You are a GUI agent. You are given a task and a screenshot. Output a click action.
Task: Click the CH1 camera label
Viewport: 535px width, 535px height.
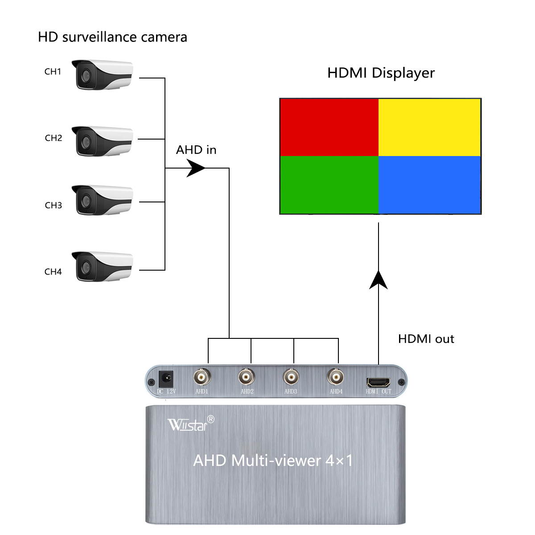point(53,71)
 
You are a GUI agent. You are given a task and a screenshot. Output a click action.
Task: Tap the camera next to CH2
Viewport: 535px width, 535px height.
point(103,141)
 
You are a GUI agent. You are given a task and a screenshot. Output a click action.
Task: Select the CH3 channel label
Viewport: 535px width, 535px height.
point(53,205)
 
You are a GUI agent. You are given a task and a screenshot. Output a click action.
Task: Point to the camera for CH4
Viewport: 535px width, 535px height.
point(103,266)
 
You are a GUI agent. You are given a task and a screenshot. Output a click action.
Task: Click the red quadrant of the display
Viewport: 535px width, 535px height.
point(329,127)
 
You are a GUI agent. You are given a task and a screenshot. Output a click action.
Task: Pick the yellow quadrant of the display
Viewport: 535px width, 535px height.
point(429,127)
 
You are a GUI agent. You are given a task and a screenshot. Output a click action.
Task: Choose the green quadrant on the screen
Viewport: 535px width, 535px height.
point(329,185)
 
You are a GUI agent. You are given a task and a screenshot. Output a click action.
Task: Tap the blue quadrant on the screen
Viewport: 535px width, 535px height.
point(429,185)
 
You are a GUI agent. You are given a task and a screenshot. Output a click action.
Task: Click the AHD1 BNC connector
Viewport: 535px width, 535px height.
point(202,378)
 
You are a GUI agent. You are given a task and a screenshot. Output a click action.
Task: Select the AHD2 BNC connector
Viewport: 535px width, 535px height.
point(247,378)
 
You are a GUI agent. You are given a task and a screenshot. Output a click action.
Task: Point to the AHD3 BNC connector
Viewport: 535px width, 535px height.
point(291,378)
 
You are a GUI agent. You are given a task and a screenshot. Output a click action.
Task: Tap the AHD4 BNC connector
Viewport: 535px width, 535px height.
point(336,378)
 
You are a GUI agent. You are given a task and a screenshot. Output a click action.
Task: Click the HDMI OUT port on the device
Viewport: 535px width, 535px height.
point(378,382)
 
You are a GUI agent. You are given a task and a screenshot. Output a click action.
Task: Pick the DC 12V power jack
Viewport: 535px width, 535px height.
point(166,380)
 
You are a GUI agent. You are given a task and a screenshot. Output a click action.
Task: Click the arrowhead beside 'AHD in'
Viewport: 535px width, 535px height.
point(196,168)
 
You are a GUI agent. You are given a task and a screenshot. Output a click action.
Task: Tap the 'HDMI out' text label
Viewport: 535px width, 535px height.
point(426,339)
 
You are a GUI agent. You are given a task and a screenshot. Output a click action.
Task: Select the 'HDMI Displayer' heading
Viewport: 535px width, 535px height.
point(381,73)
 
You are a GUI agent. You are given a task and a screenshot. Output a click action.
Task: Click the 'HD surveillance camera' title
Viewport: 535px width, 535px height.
point(112,37)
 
